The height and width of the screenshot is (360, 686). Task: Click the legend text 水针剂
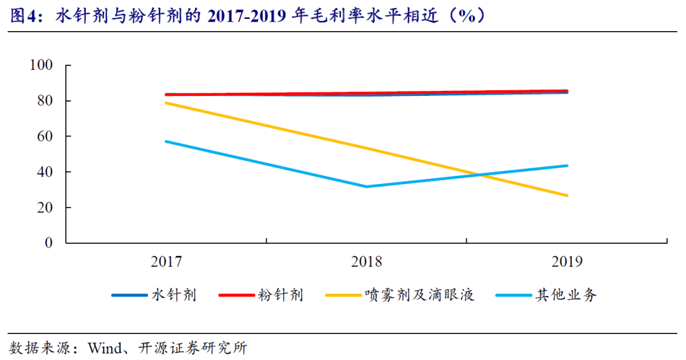click(x=173, y=295)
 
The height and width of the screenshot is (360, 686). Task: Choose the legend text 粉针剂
click(x=280, y=295)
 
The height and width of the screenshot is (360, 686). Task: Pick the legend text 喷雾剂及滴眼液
click(x=419, y=295)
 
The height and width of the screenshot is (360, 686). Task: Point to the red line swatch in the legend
click(x=236, y=295)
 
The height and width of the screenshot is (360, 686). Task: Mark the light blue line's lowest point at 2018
click(x=367, y=187)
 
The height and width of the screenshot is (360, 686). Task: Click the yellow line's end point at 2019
click(x=567, y=196)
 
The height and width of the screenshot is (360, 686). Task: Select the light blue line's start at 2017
click(x=166, y=141)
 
